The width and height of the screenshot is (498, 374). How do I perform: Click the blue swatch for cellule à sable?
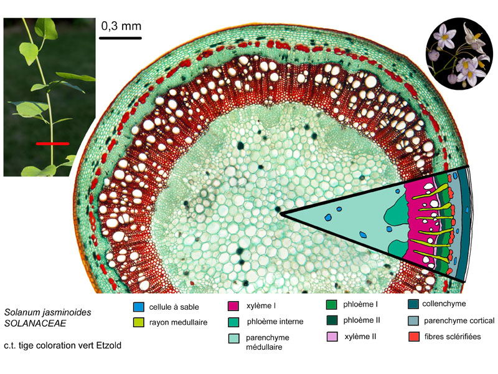[139, 307]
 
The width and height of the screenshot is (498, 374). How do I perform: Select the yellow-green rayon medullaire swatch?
[139, 322]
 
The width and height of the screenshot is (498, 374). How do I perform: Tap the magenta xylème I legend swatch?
[233, 305]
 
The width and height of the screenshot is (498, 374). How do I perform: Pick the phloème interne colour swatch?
[233, 322]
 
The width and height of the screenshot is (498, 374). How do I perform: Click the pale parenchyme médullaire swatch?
[233, 338]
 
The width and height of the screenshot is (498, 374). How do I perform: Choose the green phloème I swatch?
[332, 304]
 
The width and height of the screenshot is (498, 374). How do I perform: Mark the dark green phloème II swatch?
[332, 320]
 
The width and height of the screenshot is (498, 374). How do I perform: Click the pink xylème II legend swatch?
[332, 337]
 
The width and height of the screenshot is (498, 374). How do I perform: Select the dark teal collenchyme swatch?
[413, 304]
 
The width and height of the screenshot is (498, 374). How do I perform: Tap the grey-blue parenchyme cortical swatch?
[413, 320]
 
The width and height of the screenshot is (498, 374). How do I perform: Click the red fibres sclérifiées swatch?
[413, 337]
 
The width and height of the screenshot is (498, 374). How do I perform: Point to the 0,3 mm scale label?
[121, 26]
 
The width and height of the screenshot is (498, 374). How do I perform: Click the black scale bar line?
[120, 38]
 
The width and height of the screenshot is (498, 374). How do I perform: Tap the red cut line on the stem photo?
[52, 144]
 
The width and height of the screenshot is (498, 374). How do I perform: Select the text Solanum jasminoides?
[48, 312]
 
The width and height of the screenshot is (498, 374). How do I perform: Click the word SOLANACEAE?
[35, 323]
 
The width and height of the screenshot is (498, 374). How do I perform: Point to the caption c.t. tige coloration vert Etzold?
[63, 345]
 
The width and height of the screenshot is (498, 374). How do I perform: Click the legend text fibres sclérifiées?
[453, 337]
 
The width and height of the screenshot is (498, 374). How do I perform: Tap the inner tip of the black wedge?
[281, 214]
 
